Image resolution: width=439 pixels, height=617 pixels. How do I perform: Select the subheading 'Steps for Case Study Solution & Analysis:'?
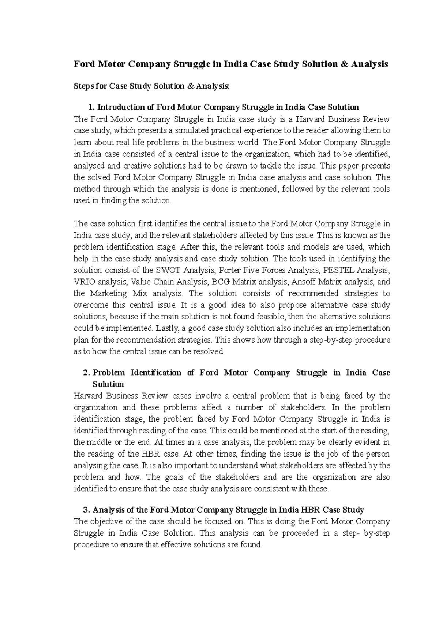152,86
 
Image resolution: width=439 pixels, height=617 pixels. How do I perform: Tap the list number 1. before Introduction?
91,107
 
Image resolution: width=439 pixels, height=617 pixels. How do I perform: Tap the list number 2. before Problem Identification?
87,373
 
